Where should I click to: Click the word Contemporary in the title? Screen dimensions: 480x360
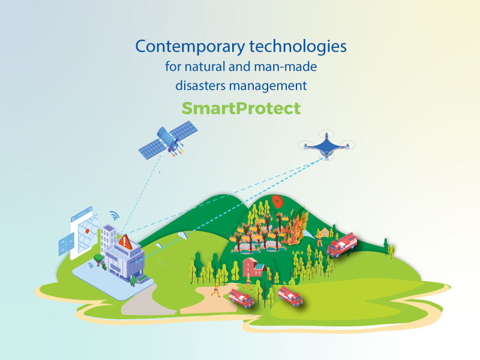click(x=190, y=47)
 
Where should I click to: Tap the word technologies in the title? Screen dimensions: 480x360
click(x=298, y=47)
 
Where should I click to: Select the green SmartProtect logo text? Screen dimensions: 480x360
click(x=241, y=109)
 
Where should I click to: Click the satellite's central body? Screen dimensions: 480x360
click(x=169, y=139)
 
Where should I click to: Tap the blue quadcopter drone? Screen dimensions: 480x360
click(x=326, y=145)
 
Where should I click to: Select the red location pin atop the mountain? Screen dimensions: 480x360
click(x=277, y=201)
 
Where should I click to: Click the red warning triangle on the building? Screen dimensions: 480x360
click(x=125, y=242)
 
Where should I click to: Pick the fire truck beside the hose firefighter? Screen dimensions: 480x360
click(x=341, y=244)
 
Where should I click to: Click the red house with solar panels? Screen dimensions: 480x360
click(x=253, y=267)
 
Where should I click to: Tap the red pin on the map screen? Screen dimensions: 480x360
click(x=87, y=231)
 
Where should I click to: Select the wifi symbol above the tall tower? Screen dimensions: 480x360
click(x=115, y=215)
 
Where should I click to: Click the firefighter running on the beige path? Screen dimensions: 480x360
click(x=216, y=290)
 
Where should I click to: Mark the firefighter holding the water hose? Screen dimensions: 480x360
click(x=319, y=238)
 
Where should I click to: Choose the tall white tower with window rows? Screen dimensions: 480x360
click(x=108, y=241)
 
